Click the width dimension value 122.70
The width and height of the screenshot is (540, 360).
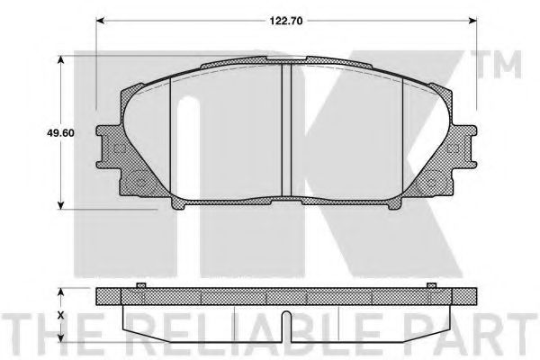coord(286,21)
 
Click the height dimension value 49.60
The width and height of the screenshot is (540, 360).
coord(60,133)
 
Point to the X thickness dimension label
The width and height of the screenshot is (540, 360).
coord(61,316)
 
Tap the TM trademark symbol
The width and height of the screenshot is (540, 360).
coord(499,65)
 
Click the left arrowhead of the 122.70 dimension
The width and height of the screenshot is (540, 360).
coord(100,21)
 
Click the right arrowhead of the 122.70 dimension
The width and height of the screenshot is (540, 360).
coord(472,21)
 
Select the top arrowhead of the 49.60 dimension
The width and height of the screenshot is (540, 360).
coord(61,60)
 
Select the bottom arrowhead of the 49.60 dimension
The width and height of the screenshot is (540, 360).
coord(61,205)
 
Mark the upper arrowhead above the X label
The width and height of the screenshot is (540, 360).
coord(61,292)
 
